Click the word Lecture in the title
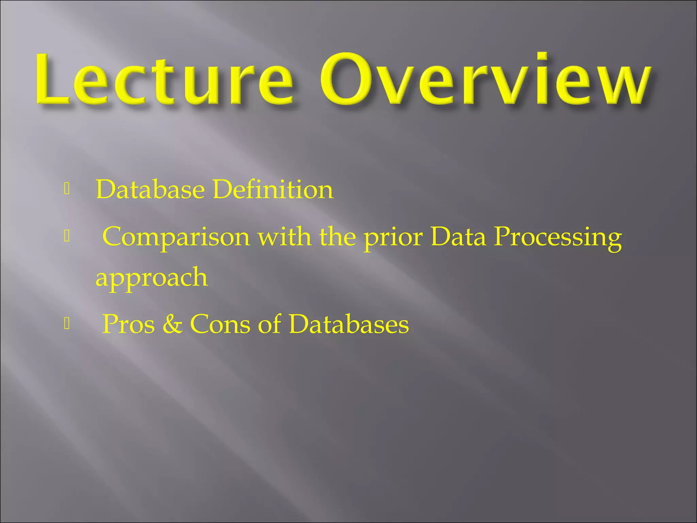(163, 80)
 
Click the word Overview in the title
(485, 80)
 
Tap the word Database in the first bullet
(150, 189)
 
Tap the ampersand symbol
(172, 324)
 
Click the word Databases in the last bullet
(349, 324)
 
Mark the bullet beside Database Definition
(67, 189)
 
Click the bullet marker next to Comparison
(67, 236)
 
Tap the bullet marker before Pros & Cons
(67, 323)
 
